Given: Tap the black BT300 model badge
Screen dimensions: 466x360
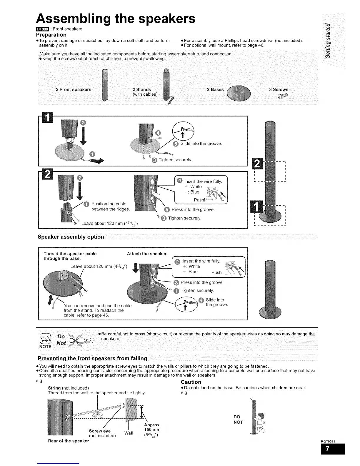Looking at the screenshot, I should (x=41, y=29).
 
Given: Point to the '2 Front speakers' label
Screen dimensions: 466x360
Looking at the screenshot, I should (x=74, y=89).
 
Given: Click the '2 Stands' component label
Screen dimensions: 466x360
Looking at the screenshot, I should (x=142, y=89).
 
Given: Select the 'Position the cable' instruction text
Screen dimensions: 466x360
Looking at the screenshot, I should (x=109, y=204).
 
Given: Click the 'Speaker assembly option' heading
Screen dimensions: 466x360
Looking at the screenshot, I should (x=71, y=237).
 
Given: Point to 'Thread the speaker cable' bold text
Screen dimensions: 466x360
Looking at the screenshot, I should (x=70, y=254).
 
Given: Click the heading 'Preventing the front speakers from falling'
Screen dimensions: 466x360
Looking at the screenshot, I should (x=92, y=358).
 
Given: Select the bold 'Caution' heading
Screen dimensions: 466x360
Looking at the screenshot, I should (x=191, y=382).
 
